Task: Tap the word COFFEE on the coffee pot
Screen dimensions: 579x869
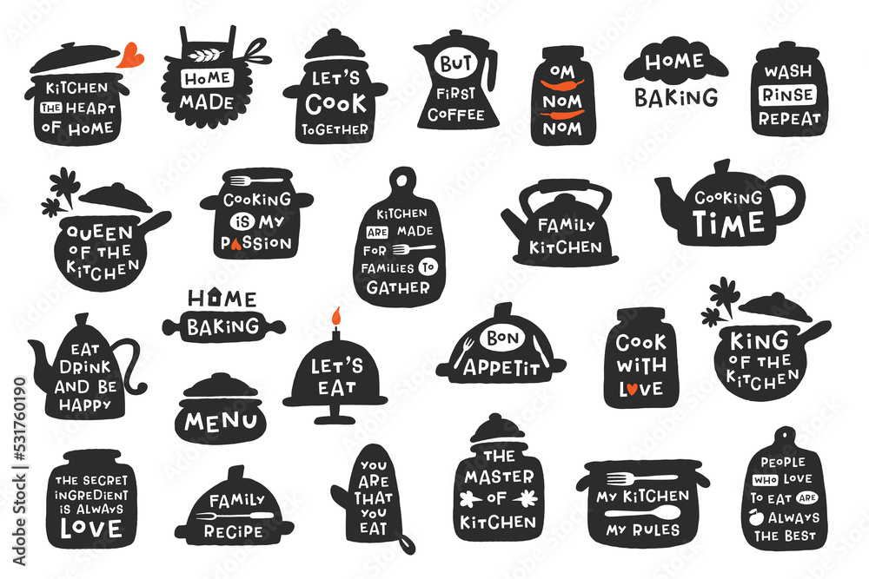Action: (x=454, y=114)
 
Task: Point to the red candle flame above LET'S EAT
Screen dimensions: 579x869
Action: (x=335, y=317)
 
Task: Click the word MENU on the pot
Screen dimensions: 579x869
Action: (x=222, y=423)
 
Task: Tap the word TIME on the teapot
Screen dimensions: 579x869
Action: (x=728, y=222)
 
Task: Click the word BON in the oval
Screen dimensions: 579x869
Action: (x=501, y=338)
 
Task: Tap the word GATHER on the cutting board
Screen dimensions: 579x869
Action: (x=398, y=287)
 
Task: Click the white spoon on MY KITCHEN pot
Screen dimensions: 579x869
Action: (x=644, y=513)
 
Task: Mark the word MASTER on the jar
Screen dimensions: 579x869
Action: (x=498, y=476)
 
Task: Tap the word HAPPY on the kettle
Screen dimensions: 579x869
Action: (x=83, y=405)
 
